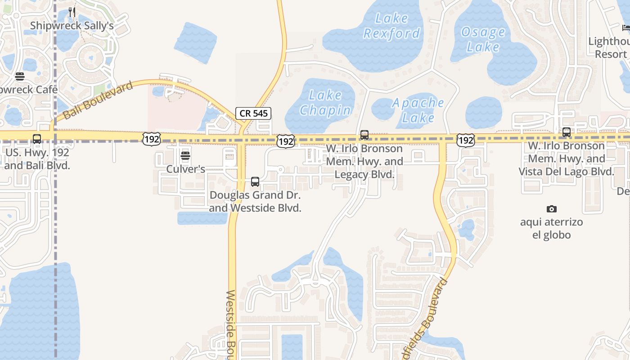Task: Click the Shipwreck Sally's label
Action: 72,26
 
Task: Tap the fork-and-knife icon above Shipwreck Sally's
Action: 72,11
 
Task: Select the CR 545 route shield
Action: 253,113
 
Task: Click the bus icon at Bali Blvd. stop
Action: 37,139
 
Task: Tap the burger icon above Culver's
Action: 185,156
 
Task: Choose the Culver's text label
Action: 185,169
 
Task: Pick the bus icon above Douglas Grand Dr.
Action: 255,182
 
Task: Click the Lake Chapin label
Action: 325,103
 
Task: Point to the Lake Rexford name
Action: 391,26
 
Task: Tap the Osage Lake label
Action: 483,40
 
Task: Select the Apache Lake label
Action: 418,110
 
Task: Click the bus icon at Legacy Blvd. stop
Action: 364,135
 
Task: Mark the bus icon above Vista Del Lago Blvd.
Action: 567,132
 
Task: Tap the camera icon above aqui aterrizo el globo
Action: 551,209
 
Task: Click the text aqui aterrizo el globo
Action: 551,229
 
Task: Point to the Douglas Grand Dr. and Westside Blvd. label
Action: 255,202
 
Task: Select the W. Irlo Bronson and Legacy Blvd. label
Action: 364,161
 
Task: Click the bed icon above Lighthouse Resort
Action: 626,28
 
